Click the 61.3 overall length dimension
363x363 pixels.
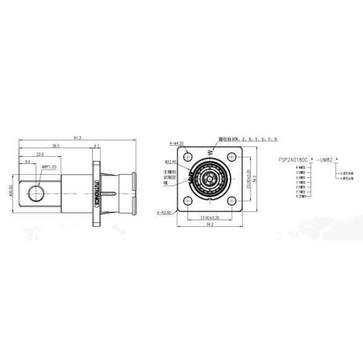[77, 138]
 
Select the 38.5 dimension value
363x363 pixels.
[55, 146]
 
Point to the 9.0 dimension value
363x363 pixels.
[27, 162]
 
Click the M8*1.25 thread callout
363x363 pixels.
[49, 166]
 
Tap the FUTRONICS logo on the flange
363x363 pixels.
[97, 189]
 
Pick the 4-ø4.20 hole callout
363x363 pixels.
[177, 144]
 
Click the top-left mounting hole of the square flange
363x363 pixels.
[188, 157]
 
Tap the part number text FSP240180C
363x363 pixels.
[293, 159]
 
